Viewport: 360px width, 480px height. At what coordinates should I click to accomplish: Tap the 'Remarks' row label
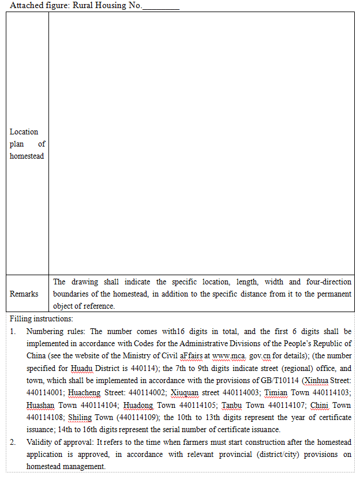tap(24, 294)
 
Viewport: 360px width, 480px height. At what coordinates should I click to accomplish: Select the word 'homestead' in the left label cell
tap(27, 156)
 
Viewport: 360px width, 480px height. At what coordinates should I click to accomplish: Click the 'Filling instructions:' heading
tap(42, 318)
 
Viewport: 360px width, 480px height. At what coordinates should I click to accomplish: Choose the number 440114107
tap(288, 405)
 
